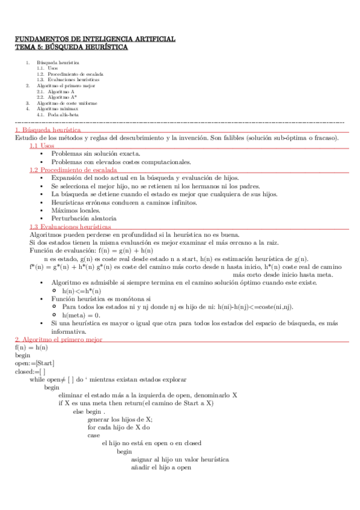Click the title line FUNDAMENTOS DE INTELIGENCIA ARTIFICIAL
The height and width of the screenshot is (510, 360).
[95, 39]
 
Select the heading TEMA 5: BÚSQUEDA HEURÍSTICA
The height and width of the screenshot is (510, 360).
[71, 48]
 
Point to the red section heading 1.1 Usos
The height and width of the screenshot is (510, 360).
[42, 146]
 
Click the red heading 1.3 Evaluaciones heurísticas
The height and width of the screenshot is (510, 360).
[70, 227]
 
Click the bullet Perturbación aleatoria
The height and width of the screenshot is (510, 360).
[80, 218]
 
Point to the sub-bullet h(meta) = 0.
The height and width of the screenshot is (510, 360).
[81, 315]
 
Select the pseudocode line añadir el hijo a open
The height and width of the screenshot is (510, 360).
[160, 467]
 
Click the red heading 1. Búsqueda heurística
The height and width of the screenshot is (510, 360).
[48, 129]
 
